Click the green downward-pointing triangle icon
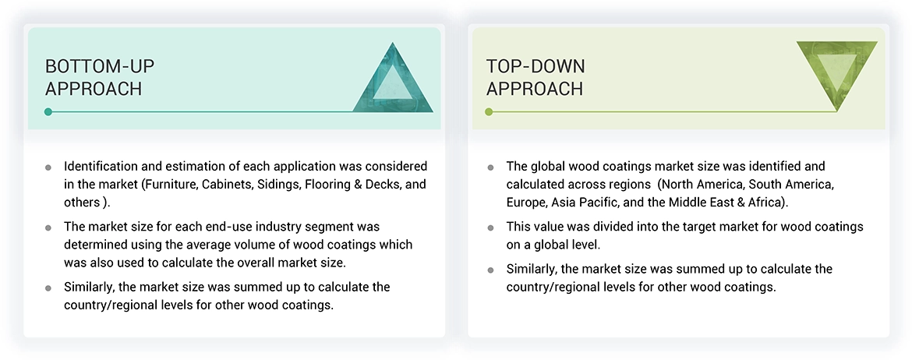pyautogui.click(x=836, y=72)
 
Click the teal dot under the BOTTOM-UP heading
pyautogui.click(x=48, y=111)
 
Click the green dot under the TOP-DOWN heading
pyautogui.click(x=489, y=111)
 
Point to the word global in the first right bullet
pyautogui.click(x=547, y=167)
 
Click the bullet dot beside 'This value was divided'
pyautogui.click(x=490, y=228)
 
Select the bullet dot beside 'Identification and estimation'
pyautogui.click(x=48, y=168)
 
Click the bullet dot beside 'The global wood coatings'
pyautogui.click(x=490, y=168)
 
